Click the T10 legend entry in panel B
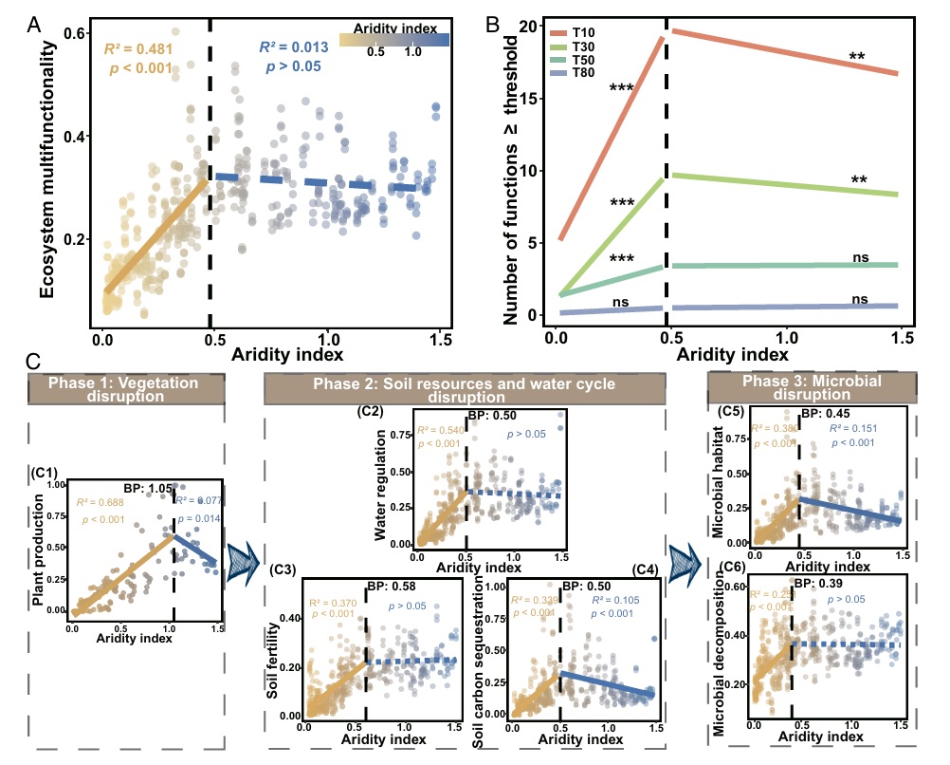(582, 33)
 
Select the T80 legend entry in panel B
(582, 73)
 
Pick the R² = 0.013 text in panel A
(294, 47)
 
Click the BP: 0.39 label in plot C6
(817, 584)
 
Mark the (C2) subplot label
(370, 411)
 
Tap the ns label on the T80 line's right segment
(859, 299)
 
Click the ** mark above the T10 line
(857, 58)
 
